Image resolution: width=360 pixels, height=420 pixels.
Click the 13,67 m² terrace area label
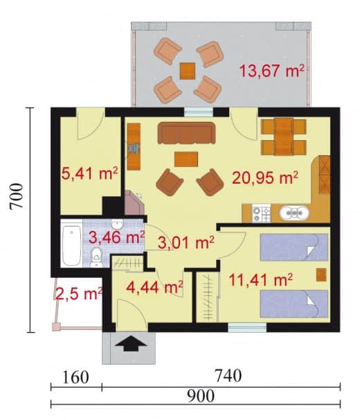[271, 71]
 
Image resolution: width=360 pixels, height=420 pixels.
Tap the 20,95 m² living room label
[265, 177]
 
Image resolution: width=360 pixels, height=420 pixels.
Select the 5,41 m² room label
[90, 173]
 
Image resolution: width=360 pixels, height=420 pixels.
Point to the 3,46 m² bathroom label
[117, 237]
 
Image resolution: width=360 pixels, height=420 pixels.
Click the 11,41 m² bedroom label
[261, 280]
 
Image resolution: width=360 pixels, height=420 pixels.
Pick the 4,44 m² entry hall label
[154, 288]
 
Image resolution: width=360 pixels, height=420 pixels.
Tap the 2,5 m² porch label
[79, 294]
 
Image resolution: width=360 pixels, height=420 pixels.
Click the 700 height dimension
[15, 196]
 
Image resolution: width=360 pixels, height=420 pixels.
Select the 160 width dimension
[75, 377]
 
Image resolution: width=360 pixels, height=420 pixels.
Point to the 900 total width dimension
[201, 396]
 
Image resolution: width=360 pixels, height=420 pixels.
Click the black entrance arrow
[131, 344]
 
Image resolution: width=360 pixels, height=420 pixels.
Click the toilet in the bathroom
[96, 257]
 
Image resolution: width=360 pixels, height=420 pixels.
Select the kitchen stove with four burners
[261, 213]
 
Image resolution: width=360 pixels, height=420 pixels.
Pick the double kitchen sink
[294, 213]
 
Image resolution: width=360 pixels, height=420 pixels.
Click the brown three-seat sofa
[186, 133]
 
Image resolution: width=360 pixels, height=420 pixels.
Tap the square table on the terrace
[188, 71]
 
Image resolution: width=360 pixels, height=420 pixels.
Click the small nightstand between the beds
[321, 275]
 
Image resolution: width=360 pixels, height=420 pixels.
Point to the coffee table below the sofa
[186, 159]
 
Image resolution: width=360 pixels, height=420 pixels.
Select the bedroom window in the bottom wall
[247, 327]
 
